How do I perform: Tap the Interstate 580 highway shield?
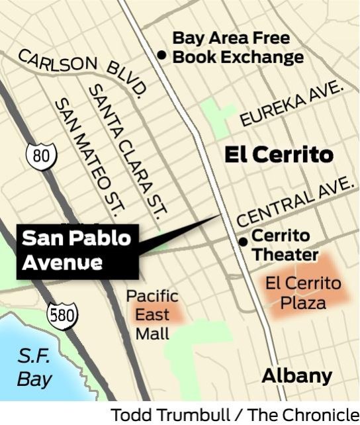click(62, 314)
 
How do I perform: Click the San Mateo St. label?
click(90, 156)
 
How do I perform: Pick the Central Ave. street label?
click(294, 202)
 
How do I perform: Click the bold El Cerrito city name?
click(278, 155)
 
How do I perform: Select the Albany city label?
click(297, 376)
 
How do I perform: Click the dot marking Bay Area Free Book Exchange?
click(161, 56)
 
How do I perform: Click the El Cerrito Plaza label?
click(303, 293)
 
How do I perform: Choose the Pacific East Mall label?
click(152, 314)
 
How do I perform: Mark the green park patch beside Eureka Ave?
click(218, 116)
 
